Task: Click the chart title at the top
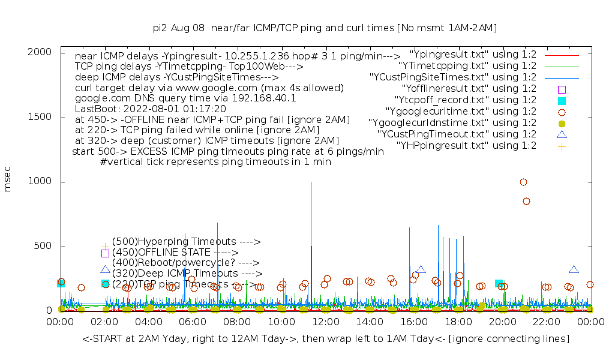point(325,28)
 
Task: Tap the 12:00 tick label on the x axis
point(325,323)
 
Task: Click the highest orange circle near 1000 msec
point(523,182)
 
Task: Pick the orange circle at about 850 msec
point(526,201)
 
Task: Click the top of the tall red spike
point(311,182)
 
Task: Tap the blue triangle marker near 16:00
point(421,269)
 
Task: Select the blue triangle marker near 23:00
point(574,269)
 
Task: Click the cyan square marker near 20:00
point(499,283)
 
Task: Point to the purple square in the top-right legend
point(562,89)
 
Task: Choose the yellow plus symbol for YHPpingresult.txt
point(562,146)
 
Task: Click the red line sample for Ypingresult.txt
point(562,55)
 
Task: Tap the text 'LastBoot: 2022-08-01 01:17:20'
point(150,109)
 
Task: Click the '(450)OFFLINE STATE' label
point(175,252)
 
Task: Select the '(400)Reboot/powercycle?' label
point(185,263)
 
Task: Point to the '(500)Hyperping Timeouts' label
point(186,241)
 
